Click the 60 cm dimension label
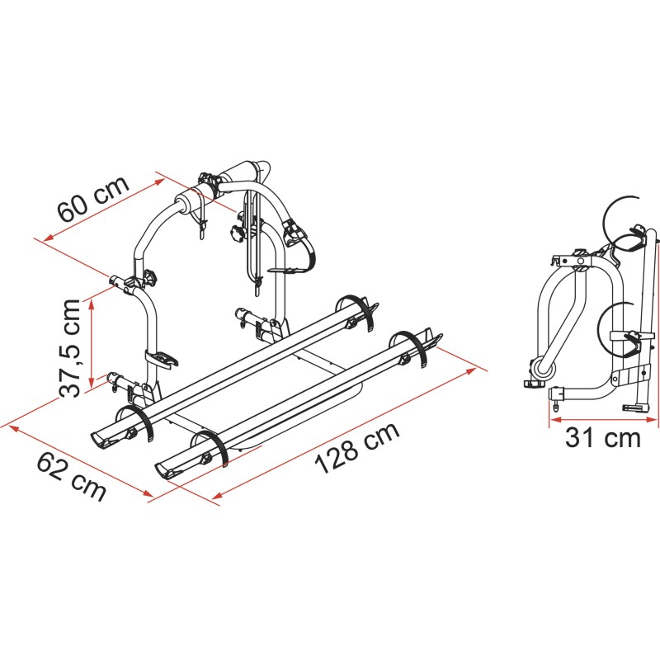pyautogui.click(x=93, y=199)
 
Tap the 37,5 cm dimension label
pyautogui.click(x=70, y=348)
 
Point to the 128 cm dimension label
pyautogui.click(x=357, y=447)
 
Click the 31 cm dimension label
pyautogui.click(x=603, y=437)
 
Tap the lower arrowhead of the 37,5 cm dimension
pyautogui.click(x=92, y=382)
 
